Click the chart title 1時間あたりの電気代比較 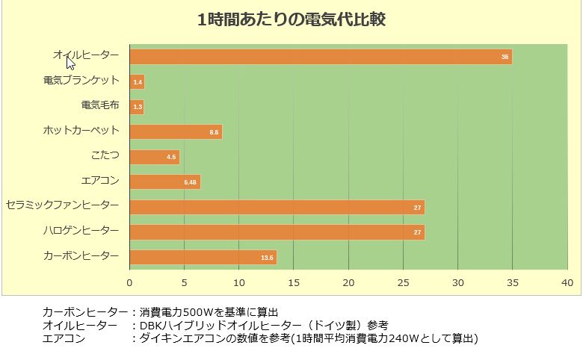point(291,20)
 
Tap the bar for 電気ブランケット point(137,81)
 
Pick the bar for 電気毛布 point(136,107)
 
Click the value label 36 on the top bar point(505,57)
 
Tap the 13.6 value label point(268,258)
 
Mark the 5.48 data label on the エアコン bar point(190,182)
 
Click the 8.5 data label point(215,132)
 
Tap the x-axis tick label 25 point(403,282)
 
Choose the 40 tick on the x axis point(567,282)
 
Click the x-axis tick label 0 point(129,282)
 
